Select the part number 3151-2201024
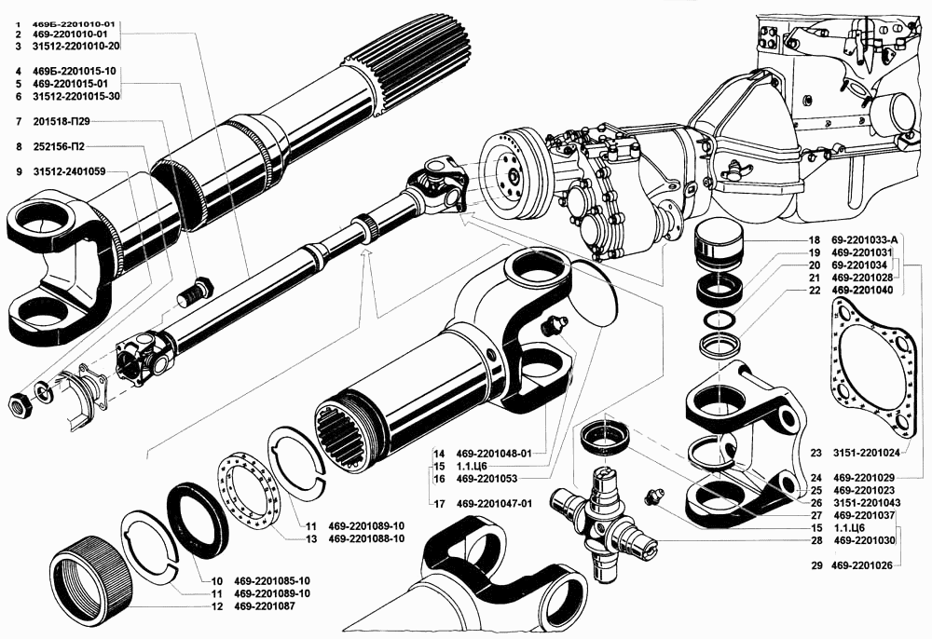pos(867,454)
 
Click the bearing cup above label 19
pos(719,244)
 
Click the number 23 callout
pos(815,454)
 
